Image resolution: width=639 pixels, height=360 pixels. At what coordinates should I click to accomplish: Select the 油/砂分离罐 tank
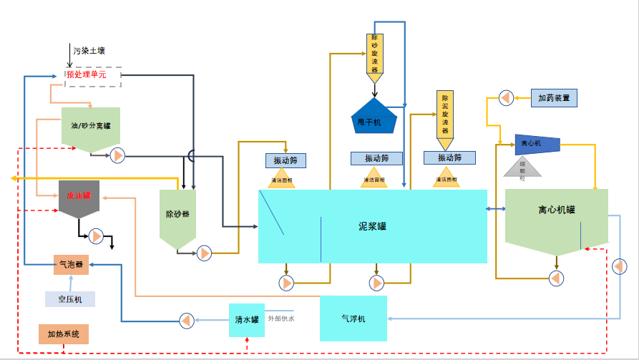coord(90,127)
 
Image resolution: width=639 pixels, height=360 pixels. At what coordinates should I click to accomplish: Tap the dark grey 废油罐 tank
coord(79,198)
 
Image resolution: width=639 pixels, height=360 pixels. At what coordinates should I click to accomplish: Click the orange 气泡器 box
coord(70,264)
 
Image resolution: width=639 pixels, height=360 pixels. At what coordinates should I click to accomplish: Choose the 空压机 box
coord(70,299)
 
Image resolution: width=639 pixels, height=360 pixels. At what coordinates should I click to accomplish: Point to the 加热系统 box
coord(64,334)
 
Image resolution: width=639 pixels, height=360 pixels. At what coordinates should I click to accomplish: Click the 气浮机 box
coord(353,318)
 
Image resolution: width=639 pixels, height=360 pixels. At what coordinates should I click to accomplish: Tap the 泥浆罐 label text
coord(372,225)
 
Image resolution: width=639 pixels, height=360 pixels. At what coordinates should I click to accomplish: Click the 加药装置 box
coord(554,97)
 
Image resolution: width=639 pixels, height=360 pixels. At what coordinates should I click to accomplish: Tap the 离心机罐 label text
coord(557,210)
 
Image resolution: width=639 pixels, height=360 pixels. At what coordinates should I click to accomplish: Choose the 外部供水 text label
coord(281,318)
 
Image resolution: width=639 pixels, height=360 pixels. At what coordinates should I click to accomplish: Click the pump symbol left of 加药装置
coord(505,97)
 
